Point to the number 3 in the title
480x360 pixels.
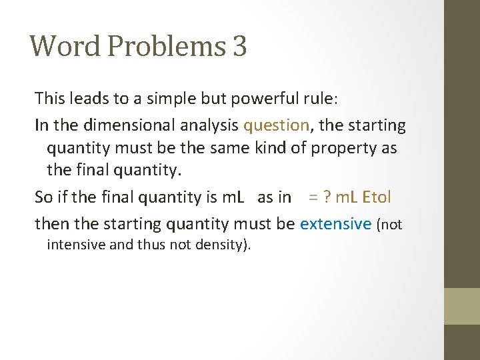[239, 46]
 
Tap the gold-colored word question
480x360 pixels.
[276, 125]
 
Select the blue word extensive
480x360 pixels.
[335, 223]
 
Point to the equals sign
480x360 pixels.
[313, 197]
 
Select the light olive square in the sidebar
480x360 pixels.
[462, 306]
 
